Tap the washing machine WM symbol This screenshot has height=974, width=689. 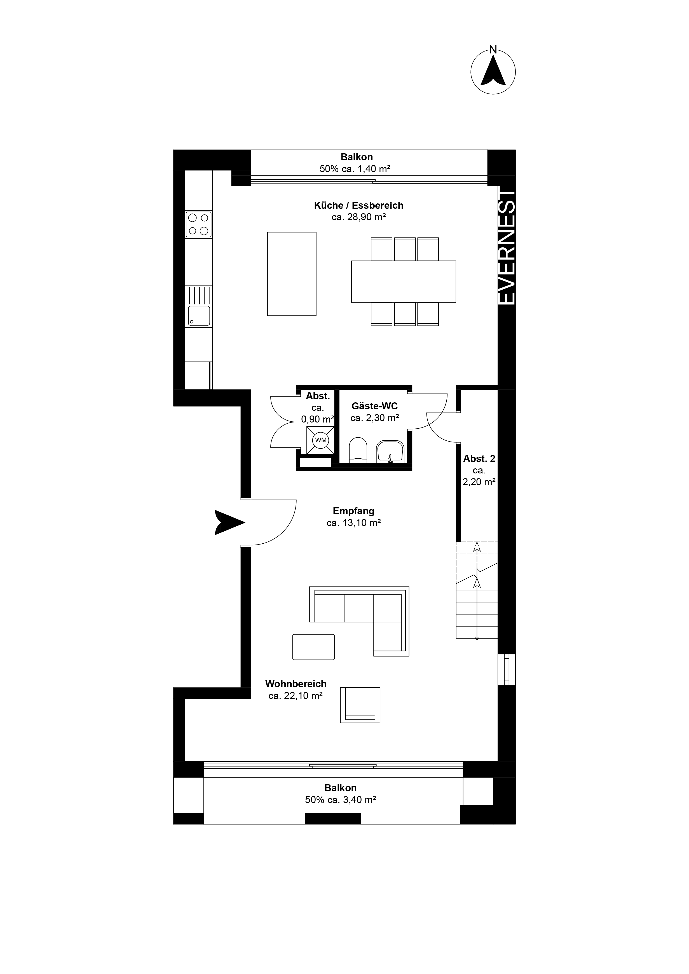[321, 440]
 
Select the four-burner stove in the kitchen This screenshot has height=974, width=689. [198, 224]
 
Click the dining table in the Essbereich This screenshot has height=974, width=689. [404, 282]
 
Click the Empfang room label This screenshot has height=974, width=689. [353, 511]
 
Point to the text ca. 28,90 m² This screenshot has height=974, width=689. [358, 217]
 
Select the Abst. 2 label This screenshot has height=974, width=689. [479, 459]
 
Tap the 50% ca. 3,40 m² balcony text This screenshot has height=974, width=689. [341, 800]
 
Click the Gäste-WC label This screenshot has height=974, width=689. [375, 406]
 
